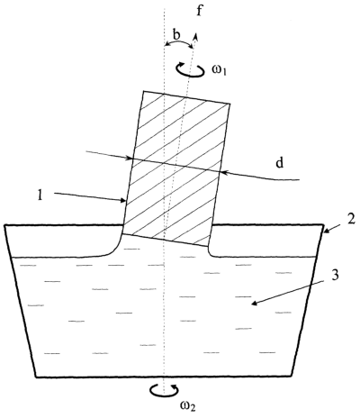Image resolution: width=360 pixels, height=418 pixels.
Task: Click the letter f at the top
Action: click(199, 12)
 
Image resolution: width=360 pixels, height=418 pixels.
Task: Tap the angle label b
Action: click(176, 35)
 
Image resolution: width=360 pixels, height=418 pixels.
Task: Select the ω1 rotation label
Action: click(220, 72)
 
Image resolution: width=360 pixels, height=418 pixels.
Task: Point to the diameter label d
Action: click(280, 163)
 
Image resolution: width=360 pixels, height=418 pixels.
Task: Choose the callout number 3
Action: click(335, 275)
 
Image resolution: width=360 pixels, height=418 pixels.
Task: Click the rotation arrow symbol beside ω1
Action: click(191, 69)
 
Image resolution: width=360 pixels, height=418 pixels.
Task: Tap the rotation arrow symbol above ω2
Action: click(164, 391)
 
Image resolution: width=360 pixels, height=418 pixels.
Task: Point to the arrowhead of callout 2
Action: click(325, 232)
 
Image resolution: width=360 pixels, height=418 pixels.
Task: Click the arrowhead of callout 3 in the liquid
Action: click(252, 304)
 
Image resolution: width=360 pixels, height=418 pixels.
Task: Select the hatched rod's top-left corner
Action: click(144, 91)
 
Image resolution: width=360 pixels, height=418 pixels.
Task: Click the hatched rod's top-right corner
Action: click(230, 104)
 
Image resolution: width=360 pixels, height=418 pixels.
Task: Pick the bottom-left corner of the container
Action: click(36, 377)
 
